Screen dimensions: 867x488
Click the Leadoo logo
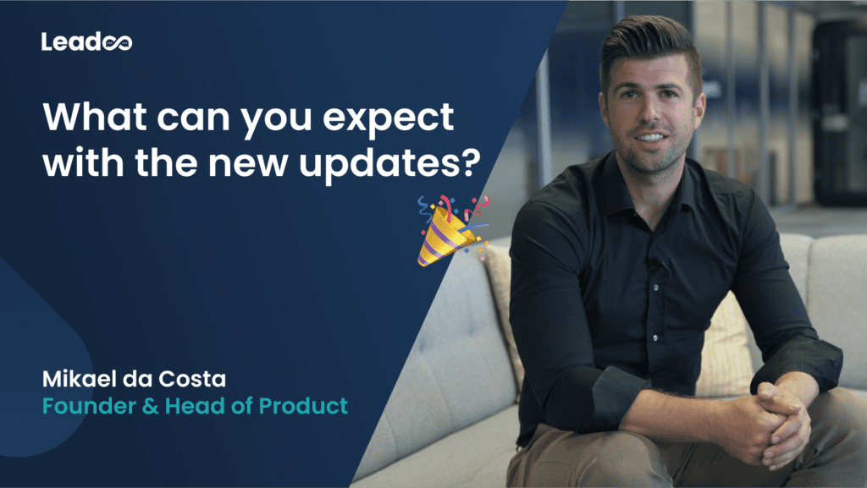point(87,42)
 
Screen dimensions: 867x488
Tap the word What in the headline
point(95,117)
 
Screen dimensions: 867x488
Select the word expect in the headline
point(388,119)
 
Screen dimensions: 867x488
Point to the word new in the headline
point(248,164)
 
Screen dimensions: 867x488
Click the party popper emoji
point(452,230)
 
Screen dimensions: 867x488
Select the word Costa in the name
point(192,379)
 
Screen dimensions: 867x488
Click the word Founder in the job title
point(89,406)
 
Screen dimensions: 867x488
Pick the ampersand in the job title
point(151,407)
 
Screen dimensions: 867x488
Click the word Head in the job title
point(195,406)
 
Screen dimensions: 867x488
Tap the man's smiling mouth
point(651,137)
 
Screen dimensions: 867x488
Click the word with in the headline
point(83,162)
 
